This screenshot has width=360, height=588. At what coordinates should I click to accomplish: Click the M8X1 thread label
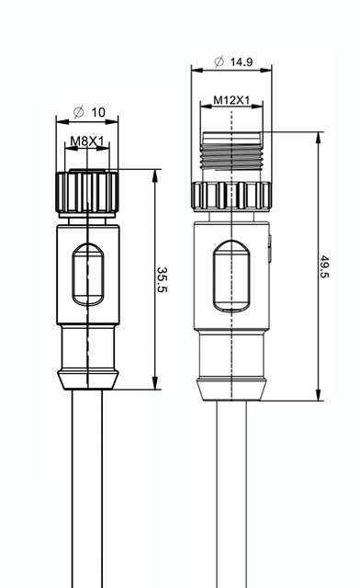[x=87, y=141]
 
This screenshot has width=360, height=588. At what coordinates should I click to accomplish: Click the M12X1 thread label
[x=231, y=100]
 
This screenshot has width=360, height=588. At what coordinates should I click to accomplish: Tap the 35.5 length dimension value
[x=163, y=279]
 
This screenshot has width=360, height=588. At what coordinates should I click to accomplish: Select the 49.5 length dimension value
[x=324, y=266]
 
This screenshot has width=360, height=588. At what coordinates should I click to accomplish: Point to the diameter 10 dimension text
[x=90, y=112]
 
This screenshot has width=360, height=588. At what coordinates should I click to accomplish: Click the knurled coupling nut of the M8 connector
[x=87, y=192]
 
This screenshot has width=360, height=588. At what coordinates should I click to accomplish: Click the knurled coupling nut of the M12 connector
[x=231, y=196]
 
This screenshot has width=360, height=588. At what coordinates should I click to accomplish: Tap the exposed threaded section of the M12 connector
[x=231, y=151]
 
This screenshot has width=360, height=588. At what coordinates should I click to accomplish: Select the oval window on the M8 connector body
[x=88, y=274]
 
